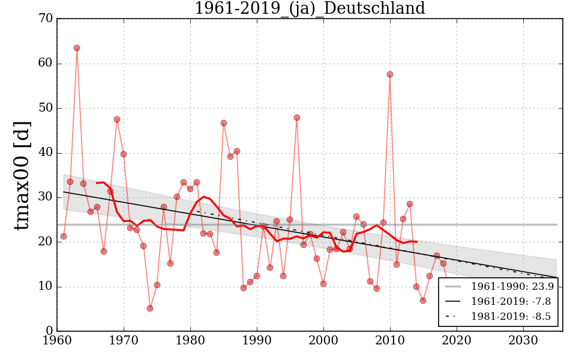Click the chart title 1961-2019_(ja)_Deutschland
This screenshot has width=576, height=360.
click(310, 8)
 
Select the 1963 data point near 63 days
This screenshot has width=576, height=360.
click(77, 48)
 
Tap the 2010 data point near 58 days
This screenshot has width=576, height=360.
click(390, 74)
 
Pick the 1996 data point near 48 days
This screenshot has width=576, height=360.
click(297, 118)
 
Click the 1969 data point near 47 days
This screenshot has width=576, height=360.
click(117, 119)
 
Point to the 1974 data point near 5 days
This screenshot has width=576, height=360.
click(150, 308)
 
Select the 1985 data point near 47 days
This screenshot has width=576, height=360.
click(224, 123)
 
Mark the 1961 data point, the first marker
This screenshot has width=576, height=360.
click(64, 236)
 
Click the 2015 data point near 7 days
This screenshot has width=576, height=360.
click(423, 301)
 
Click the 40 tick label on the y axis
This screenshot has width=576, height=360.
click(46, 153)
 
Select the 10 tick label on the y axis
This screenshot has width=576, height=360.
click(46, 287)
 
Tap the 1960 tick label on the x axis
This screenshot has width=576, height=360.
click(58, 341)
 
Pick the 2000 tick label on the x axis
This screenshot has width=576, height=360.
click(324, 341)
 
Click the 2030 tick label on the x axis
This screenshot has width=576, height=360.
click(524, 341)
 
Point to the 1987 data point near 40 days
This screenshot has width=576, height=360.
click(237, 151)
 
